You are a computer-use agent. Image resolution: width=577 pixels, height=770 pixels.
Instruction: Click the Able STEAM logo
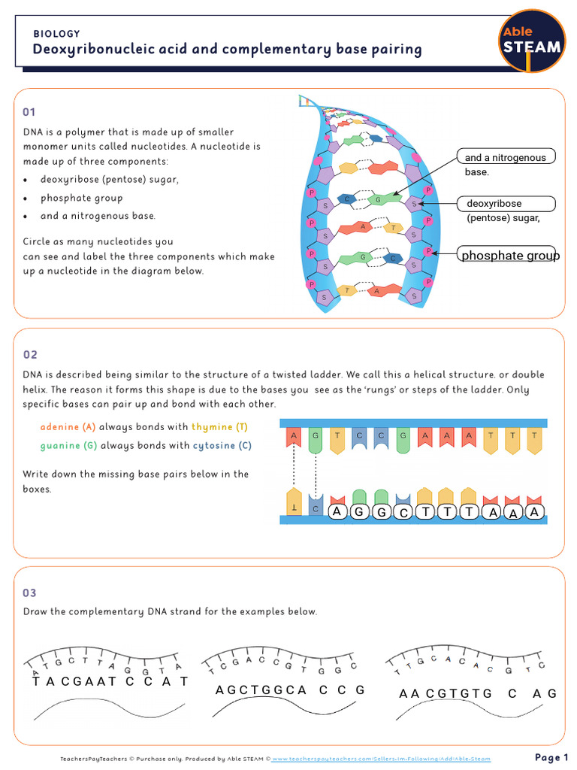532,41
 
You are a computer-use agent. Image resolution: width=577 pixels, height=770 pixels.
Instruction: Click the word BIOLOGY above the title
56,34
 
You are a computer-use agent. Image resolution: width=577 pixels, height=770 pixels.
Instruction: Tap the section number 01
29,112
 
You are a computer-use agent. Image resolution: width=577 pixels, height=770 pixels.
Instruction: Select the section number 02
30,355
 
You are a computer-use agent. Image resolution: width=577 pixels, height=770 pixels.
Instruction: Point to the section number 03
30,593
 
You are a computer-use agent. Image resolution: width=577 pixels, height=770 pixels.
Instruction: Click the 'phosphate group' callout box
509,255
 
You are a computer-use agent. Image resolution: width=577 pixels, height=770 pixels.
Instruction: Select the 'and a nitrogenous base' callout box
506,157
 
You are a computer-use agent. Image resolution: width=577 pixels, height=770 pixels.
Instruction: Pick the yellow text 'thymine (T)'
219,427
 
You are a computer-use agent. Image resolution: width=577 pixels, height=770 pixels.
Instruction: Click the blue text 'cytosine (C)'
222,445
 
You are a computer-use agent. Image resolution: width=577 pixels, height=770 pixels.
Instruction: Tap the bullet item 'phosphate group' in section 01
81,199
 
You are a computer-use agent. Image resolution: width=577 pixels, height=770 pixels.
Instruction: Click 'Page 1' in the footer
551,756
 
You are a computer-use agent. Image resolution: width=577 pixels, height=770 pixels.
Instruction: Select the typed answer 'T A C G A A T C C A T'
110,681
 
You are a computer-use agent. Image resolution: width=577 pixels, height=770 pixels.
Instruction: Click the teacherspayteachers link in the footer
381,759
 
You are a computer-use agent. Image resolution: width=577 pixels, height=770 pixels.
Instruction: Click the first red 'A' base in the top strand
294,440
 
